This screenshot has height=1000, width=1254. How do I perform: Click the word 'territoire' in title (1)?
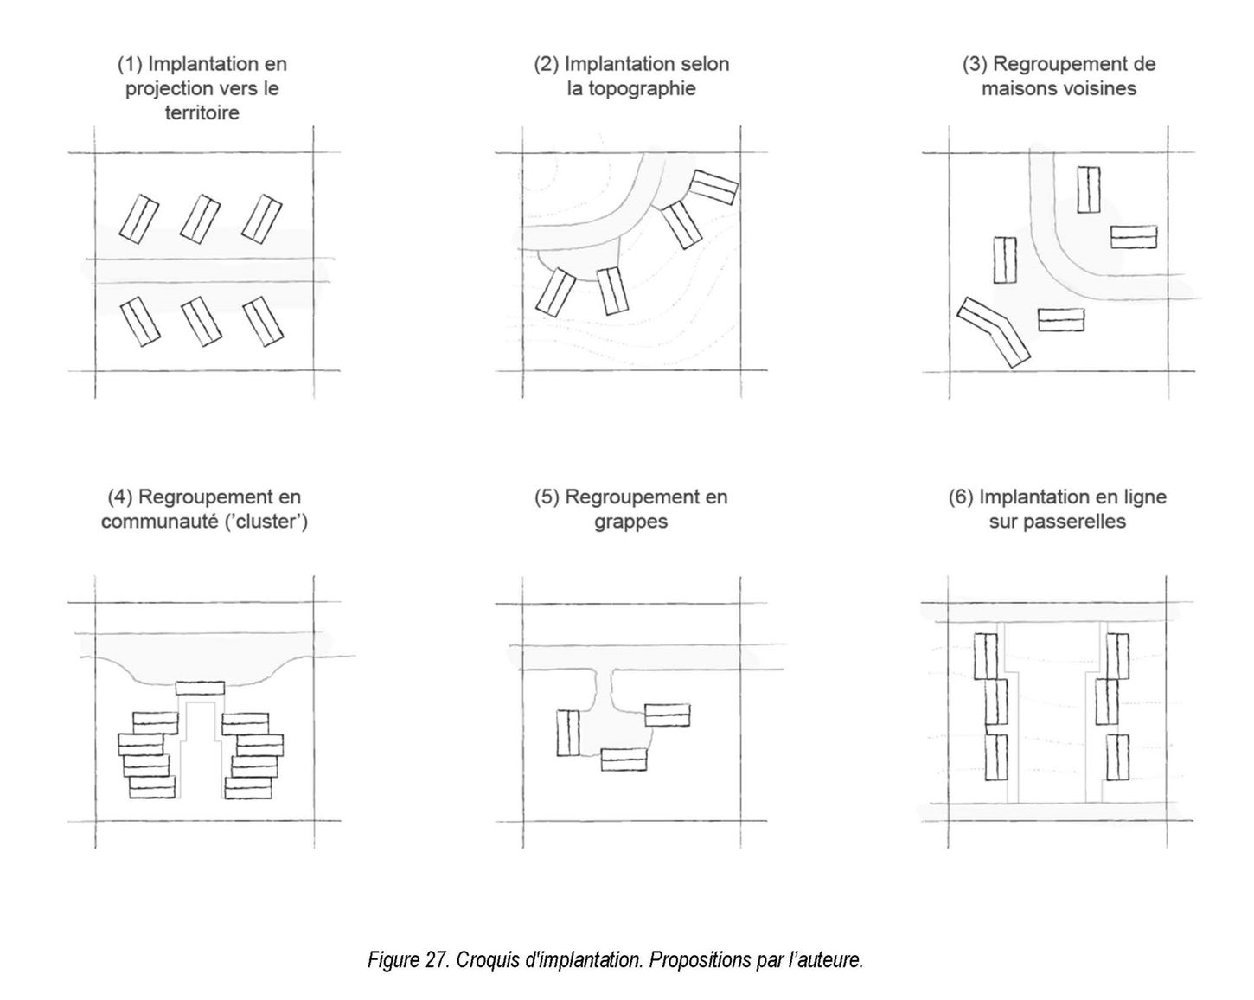click(202, 112)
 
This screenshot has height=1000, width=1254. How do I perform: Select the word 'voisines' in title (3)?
click(1100, 88)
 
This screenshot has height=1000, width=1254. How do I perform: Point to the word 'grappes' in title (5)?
click(630, 522)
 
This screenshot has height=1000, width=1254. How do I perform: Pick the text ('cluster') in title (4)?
click(266, 521)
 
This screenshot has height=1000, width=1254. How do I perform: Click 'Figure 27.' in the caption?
click(408, 959)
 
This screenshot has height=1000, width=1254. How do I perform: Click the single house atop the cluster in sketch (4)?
click(200, 688)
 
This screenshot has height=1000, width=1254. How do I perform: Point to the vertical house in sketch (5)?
click(568, 733)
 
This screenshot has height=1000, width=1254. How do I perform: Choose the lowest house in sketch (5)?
click(624, 760)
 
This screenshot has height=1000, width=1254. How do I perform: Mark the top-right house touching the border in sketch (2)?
click(713, 187)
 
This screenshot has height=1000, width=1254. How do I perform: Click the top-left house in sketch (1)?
click(139, 219)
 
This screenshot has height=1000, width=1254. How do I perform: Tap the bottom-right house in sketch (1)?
click(263, 321)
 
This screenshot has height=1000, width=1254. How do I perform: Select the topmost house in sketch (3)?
click(1089, 189)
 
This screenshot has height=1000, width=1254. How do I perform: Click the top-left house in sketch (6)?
click(985, 657)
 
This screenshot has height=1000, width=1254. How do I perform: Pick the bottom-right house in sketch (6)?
click(1117, 757)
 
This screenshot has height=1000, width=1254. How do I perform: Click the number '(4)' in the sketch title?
click(120, 497)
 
